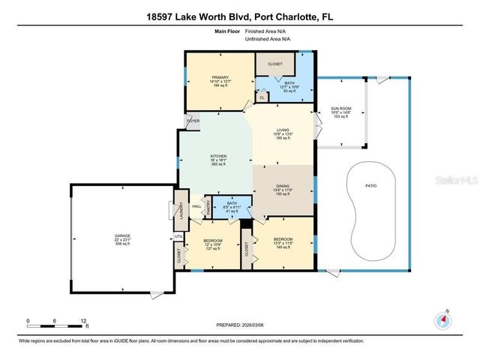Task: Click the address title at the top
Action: tap(240, 16)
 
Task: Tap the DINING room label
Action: tap(283, 188)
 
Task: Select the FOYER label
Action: tap(193, 121)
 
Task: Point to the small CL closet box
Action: tap(262, 97)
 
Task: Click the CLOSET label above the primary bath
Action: tap(275, 64)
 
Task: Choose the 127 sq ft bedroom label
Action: tap(212, 244)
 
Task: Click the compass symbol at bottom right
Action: tap(444, 320)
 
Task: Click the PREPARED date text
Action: tap(240, 325)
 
